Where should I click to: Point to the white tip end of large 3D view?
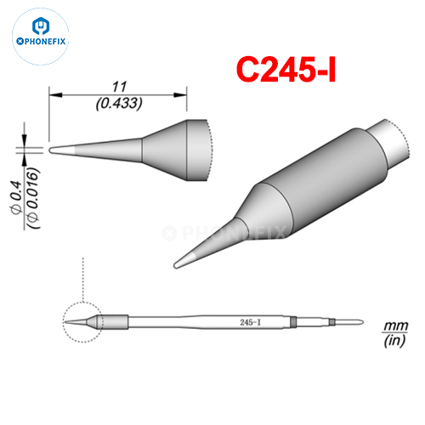[183, 258]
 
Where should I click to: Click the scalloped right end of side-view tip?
[206, 150]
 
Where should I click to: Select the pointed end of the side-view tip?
[53, 150]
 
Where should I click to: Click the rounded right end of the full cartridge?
[362, 322]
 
